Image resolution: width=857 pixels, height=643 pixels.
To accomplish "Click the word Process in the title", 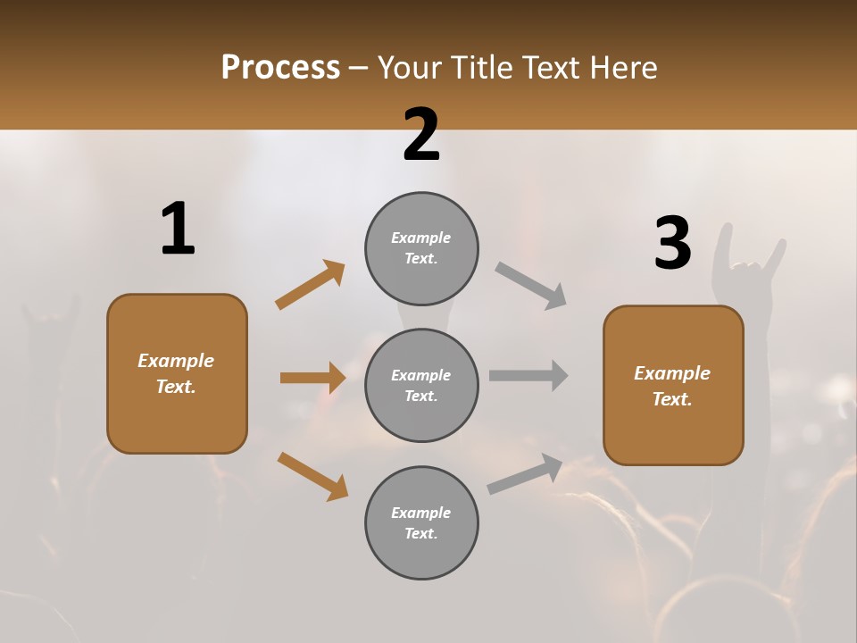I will click(280, 68).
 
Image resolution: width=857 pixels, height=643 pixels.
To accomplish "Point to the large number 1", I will click(178, 229).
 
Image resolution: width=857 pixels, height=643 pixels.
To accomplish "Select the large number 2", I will click(421, 135).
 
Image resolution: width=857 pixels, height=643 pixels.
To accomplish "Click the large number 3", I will click(673, 243).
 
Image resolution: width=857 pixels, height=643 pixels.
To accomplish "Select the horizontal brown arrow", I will click(312, 378).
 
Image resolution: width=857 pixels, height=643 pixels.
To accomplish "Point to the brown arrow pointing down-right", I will click(312, 475).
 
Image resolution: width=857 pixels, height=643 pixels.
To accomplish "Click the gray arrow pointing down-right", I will click(530, 286).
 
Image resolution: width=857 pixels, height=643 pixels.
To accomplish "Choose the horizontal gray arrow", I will click(528, 375).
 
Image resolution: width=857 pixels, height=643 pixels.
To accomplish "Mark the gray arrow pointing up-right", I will click(525, 474).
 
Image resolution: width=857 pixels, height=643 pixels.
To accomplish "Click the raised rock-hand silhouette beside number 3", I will click(748, 268).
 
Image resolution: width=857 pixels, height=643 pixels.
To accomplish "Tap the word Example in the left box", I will click(176, 361).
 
